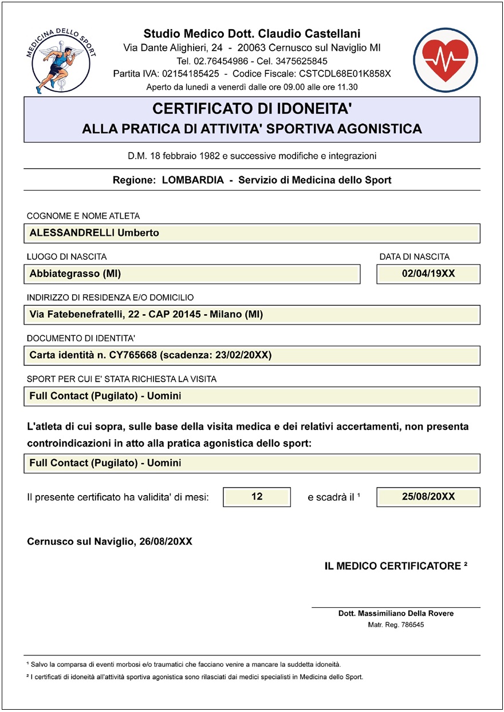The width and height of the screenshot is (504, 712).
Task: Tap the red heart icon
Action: [x=445, y=60]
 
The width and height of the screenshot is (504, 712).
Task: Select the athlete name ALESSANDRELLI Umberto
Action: [x=94, y=233]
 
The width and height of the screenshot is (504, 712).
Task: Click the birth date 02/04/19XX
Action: [x=428, y=274]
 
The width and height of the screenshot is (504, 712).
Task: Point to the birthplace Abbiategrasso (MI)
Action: [x=75, y=274]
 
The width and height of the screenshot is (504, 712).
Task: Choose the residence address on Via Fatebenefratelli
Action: [x=146, y=314]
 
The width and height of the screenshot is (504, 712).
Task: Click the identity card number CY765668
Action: [x=133, y=355]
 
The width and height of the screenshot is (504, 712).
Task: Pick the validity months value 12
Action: [x=257, y=497]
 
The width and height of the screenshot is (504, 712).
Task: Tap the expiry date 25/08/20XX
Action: [x=428, y=497]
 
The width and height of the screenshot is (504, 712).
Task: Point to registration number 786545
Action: [x=412, y=625]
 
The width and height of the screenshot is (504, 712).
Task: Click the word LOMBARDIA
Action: [x=193, y=180]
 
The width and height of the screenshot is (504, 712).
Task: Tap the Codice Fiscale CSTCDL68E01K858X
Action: [x=344, y=74]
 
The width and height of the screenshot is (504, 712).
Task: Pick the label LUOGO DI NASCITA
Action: [x=66, y=257]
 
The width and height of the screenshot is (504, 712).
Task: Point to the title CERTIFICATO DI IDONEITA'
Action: [x=252, y=108]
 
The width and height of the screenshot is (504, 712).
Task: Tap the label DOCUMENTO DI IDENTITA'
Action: [x=81, y=338]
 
